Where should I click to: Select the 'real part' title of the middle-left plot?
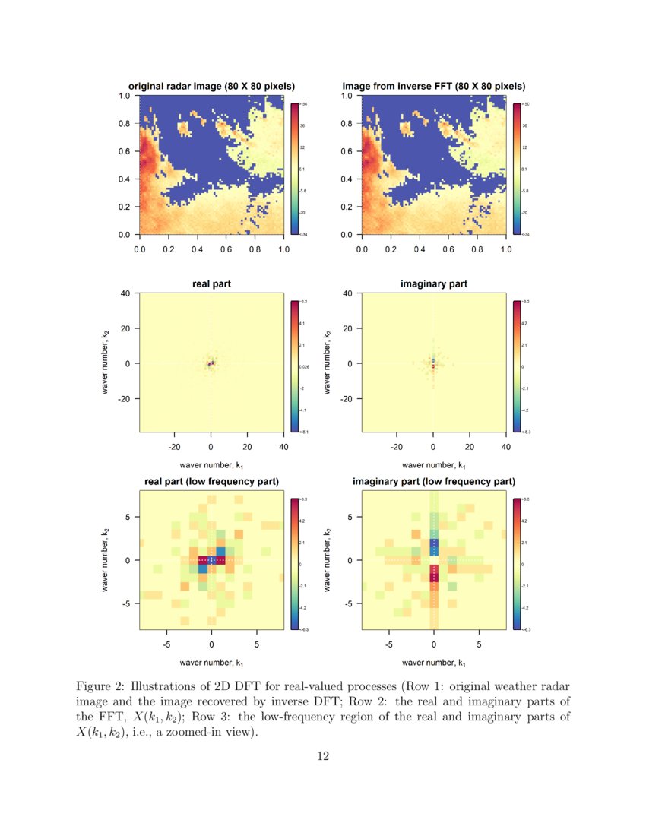pos(211,283)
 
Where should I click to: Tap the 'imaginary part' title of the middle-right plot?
pos(434,283)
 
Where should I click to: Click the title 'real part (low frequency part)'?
pos(211,482)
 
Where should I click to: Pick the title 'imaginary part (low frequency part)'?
pos(434,482)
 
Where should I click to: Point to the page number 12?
pos(323,755)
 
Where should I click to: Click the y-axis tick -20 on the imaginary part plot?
pos(345,398)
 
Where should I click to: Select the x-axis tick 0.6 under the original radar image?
pos(226,249)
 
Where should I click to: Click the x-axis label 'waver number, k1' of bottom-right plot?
pos(434,663)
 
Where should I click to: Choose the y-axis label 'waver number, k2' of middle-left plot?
pos(106,363)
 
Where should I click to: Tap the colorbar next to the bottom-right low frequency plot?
pos(517,564)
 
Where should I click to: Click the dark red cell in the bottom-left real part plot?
pos(203,560)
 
